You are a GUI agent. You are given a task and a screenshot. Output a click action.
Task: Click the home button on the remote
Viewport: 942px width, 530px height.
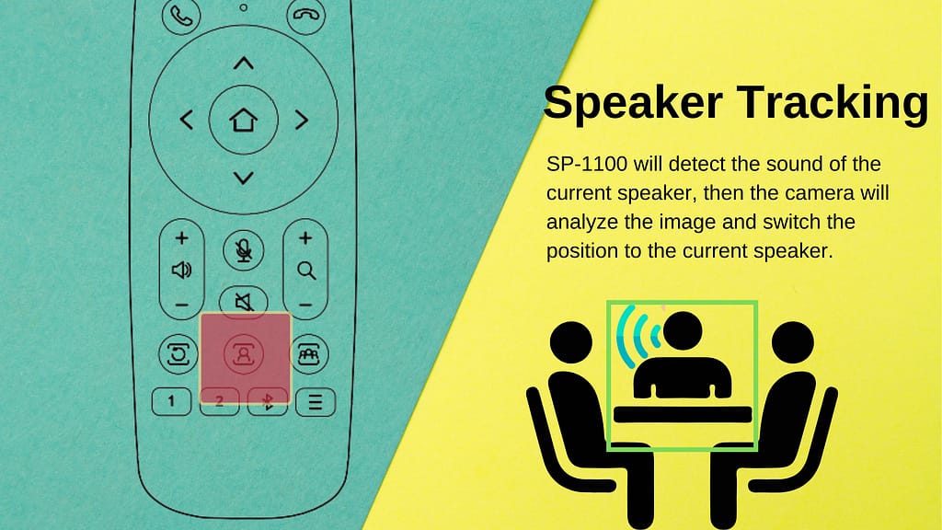point(243,120)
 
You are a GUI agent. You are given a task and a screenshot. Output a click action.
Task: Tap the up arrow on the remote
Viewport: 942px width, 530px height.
point(243,63)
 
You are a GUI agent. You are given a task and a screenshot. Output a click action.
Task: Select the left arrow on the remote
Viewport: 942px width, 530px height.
point(186,120)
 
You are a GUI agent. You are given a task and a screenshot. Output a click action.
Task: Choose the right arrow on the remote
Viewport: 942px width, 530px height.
point(300,120)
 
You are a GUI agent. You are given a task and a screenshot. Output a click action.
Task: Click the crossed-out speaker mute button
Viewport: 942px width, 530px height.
point(243,300)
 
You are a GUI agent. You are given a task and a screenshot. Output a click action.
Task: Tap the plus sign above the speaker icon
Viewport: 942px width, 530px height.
point(181,238)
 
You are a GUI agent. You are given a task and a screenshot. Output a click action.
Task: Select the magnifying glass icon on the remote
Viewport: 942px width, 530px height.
point(306,271)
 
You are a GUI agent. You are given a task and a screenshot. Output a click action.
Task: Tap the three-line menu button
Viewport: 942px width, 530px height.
point(315,401)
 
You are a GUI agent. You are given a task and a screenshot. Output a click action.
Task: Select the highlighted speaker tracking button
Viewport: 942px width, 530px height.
point(244,354)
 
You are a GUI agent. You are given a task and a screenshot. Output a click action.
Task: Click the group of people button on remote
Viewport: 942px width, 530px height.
point(309,354)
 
